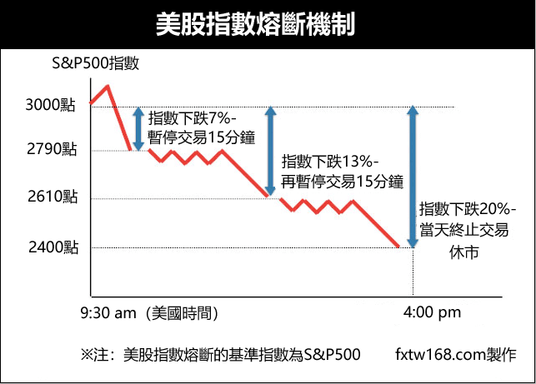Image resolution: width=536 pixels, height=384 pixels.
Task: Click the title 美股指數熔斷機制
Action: coord(268,24)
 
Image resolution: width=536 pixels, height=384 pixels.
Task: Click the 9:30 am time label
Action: coord(108,313)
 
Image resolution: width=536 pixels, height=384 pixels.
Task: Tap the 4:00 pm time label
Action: coord(431,313)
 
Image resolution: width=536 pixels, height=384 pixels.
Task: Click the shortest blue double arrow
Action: coord(138,128)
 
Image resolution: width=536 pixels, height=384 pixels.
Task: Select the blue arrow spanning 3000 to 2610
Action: coord(269,151)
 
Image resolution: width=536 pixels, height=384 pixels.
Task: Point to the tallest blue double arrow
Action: coord(410,177)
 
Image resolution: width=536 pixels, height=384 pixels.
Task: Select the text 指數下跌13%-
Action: coord(331,162)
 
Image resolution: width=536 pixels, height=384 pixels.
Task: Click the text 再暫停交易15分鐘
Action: coord(343,182)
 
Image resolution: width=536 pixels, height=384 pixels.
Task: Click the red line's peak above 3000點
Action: coord(107,86)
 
